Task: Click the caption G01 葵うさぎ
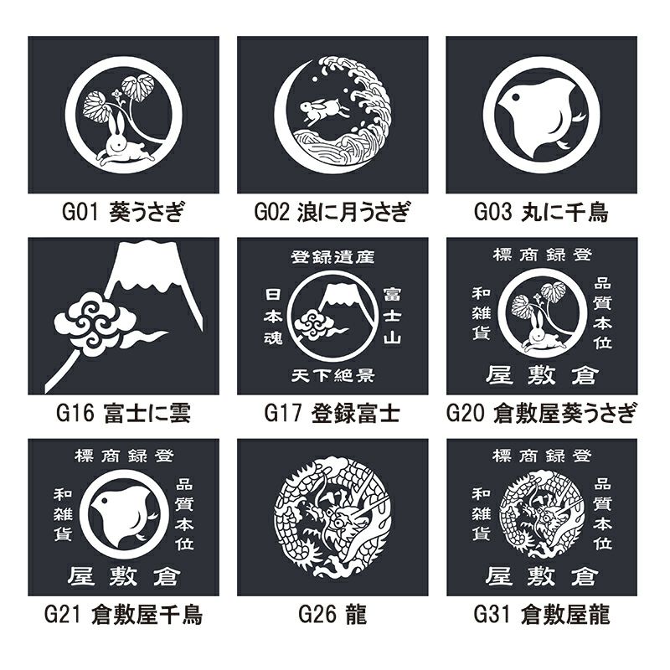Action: pyautogui.click(x=123, y=212)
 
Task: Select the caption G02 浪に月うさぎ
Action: pyautogui.click(x=332, y=212)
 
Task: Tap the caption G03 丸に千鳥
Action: pyautogui.click(x=541, y=212)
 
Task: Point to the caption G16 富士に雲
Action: pyautogui.click(x=123, y=413)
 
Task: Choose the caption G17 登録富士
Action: pyautogui.click(x=332, y=413)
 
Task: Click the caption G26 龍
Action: pyautogui.click(x=332, y=615)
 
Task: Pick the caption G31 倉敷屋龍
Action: pyautogui.click(x=541, y=615)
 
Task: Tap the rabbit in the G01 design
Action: pyautogui.click(x=124, y=144)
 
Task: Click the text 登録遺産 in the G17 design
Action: pyautogui.click(x=332, y=257)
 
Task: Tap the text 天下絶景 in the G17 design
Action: pyautogui.click(x=332, y=375)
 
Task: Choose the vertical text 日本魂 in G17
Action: pyautogui.click(x=273, y=317)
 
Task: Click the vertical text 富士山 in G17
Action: pyautogui.click(x=392, y=317)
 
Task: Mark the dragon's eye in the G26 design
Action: pyautogui.click(x=338, y=522)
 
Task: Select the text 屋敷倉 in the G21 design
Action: pyautogui.click(x=123, y=577)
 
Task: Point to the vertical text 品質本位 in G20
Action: pyautogui.click(x=602, y=314)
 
